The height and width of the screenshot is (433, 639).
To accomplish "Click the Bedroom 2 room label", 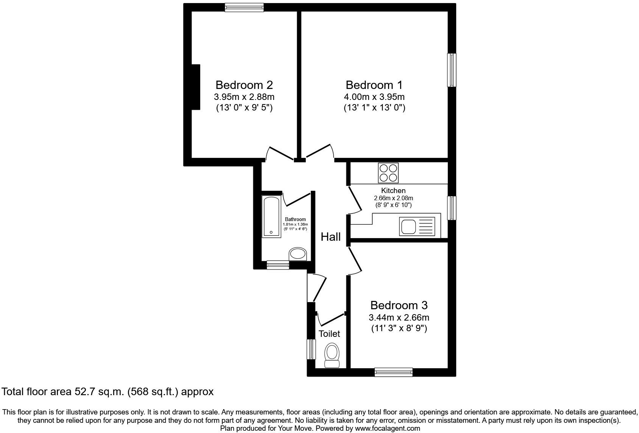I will tap(244, 85).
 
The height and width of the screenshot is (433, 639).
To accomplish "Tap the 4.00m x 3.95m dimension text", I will tap(374, 97).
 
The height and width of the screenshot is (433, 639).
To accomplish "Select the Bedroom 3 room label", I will tap(399, 305).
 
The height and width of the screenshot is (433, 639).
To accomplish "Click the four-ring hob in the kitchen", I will tap(388, 173).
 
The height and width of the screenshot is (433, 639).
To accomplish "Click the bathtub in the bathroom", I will tap(271, 216).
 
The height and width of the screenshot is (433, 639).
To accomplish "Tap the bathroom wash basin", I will tap(298, 254).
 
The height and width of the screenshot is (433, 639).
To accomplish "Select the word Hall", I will tap(330, 237).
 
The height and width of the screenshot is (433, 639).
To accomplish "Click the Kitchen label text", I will tap(393, 191).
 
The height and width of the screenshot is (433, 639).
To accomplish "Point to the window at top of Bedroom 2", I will tap(244, 7).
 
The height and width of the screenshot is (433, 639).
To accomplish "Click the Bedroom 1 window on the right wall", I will tap(452, 70).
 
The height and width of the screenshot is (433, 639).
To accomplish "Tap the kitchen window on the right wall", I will tap(452, 208).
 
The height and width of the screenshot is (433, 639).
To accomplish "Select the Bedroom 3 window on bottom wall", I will tap(393, 372).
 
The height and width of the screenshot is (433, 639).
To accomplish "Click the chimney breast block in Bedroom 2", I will tap(195, 87).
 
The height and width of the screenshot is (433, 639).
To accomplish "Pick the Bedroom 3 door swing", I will tap(355, 260).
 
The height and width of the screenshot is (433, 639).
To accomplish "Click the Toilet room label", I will tap(329, 334).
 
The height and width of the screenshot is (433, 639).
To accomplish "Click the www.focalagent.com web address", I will tap(387, 428).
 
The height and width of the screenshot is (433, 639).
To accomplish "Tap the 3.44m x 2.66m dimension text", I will tap(399, 318).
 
